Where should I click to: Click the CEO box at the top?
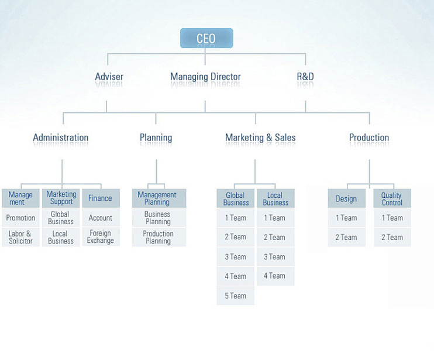206,38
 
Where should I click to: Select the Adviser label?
109,77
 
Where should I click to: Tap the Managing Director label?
205,77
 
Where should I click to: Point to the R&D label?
305,77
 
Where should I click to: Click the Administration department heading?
61,138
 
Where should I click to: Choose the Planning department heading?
156,138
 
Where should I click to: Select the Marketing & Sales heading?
260,138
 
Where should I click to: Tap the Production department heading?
369,138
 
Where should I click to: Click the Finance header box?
101,198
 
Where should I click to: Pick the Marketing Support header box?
61,198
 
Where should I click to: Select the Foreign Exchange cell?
101,237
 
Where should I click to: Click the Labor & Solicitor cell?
20,237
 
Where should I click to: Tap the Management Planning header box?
159,198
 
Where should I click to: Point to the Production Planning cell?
159,237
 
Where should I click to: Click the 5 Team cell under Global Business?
236,296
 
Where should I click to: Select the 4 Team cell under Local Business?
275,276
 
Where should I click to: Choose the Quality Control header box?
392,198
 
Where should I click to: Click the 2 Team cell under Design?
347,237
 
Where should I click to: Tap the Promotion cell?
20,218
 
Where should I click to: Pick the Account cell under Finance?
101,218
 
